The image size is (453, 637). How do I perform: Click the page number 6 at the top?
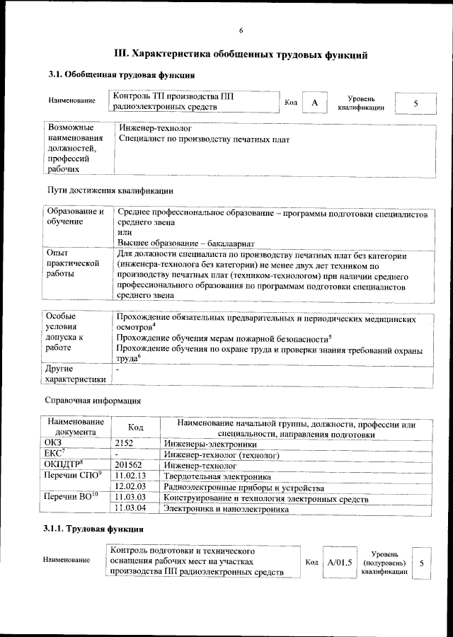coord(241,30)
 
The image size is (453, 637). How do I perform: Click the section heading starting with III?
coord(241,54)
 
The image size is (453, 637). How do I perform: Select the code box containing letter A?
coord(315,103)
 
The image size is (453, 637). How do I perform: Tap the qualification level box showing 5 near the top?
coord(415,103)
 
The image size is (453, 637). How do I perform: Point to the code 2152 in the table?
coord(125,442)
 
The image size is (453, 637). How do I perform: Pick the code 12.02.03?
coord(130,488)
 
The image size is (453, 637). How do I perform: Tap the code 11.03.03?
coord(130,498)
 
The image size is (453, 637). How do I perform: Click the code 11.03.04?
coord(130,508)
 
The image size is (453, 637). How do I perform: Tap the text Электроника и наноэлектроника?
coord(226,508)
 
